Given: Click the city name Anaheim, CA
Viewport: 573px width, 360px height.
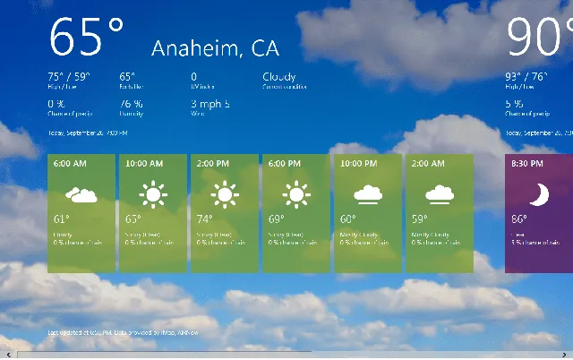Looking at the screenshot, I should (215, 48).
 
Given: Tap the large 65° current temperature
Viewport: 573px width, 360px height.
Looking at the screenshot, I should (86, 37).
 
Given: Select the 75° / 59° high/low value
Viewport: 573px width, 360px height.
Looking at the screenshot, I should (68, 77).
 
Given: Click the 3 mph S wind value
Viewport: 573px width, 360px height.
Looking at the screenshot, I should (210, 105).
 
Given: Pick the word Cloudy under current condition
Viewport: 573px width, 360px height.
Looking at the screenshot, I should (279, 77).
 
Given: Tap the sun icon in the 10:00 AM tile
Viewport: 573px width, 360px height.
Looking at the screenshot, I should (152, 193).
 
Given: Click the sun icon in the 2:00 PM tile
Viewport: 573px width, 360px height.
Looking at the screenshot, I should (224, 193).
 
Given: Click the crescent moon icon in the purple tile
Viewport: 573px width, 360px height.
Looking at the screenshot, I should (538, 193).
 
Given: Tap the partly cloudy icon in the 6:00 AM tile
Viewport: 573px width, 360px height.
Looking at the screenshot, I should (81, 193).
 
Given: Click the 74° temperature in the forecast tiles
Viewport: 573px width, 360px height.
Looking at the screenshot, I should (204, 219).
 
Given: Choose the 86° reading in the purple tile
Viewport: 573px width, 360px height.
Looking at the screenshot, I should (519, 219).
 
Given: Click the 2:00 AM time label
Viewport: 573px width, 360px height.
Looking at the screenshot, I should (429, 165).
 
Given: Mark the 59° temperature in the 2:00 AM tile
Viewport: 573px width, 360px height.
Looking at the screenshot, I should (419, 219).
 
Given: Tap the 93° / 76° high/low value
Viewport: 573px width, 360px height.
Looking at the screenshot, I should (526, 77).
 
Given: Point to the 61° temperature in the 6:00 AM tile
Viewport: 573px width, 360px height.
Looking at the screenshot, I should (61, 219).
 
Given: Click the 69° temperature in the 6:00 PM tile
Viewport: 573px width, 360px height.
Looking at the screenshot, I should (276, 219).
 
